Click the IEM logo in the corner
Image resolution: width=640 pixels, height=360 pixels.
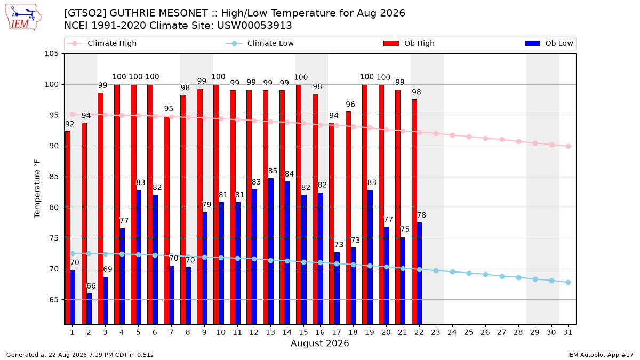point(23,18)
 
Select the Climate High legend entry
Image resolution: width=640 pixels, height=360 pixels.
point(101,43)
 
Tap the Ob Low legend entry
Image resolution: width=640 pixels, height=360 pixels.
point(549,43)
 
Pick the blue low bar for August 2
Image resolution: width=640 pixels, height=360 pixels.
point(89,309)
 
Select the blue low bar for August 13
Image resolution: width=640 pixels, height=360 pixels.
point(270,251)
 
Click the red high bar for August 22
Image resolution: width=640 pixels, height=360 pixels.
point(414,212)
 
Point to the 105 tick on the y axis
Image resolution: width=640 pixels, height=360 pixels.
point(51,54)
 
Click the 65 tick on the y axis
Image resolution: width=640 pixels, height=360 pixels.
point(53,300)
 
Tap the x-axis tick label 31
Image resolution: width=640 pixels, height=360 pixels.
point(567,332)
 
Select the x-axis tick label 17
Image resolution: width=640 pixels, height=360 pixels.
point(337,332)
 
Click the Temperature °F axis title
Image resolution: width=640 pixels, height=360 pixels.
point(37,189)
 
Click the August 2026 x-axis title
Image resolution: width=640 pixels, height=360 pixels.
point(319,343)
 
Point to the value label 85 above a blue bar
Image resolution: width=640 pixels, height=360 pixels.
point(273,171)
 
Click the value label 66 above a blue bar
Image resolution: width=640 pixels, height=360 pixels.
point(91,286)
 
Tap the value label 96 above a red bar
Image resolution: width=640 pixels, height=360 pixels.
point(350,105)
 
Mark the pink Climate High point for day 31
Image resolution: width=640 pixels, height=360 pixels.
point(569,146)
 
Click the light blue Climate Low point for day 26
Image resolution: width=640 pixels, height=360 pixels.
point(485,274)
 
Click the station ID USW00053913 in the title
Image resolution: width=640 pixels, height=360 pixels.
point(254,26)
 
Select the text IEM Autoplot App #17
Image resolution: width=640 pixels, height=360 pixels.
point(601,355)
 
